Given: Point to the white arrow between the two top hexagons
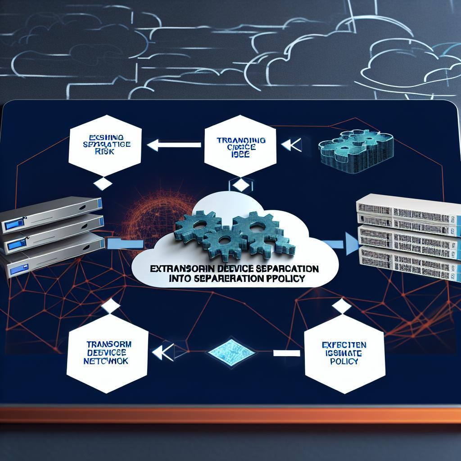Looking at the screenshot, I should pyautogui.click(x=174, y=145).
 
